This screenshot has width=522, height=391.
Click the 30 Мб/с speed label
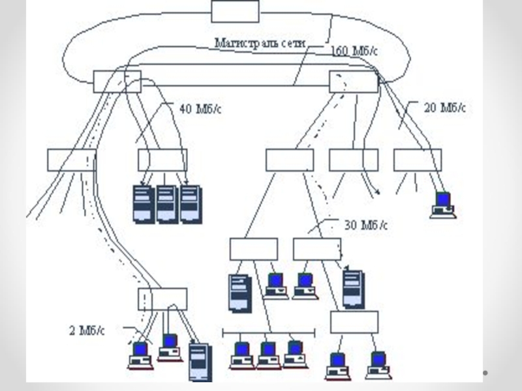[365, 225]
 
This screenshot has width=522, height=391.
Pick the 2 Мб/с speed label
[86, 330]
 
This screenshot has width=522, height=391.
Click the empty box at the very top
[235, 11]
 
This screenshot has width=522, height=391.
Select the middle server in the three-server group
[166, 204]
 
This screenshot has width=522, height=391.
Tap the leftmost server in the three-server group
[143, 204]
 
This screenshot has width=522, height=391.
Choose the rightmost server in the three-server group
[190, 204]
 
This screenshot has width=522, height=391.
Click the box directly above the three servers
[162, 160]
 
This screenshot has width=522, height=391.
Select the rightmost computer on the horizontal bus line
[295, 354]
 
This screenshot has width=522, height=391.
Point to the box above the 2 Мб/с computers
[162, 298]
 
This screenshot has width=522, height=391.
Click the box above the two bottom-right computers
[354, 322]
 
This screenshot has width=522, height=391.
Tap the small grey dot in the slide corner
[485, 372]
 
